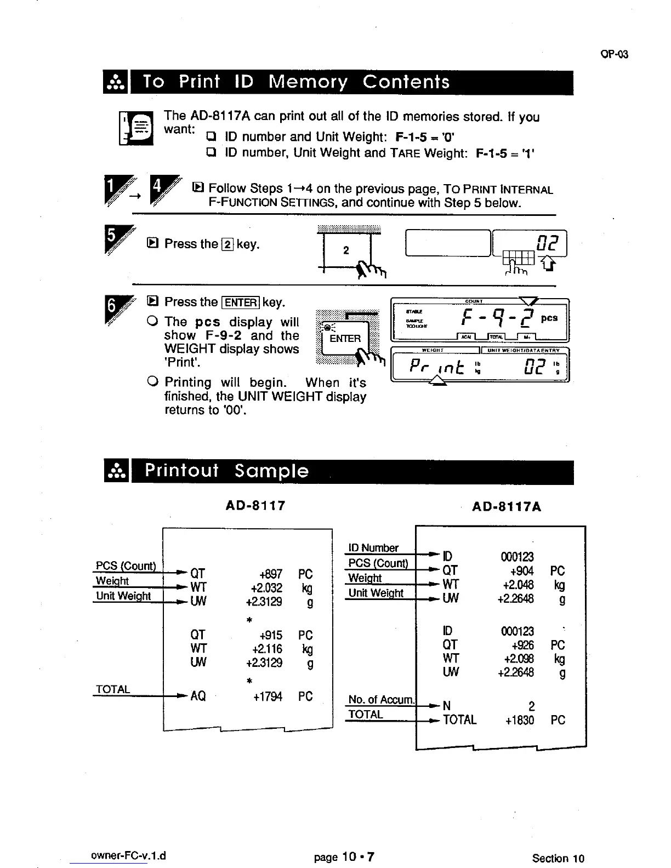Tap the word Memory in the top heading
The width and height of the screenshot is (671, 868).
pos(308,82)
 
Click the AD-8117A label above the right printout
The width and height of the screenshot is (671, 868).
pos(507,507)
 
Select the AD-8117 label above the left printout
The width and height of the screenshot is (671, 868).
pos(255,505)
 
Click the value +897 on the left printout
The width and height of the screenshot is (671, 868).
pos(271,574)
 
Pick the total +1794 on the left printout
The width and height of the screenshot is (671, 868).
pos(268,696)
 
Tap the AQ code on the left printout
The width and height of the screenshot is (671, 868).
pos(197,696)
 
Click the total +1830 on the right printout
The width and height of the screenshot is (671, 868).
pos(519,720)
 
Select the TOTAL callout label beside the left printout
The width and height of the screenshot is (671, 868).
pos(112,689)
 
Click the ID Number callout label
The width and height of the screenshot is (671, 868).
pos(373,548)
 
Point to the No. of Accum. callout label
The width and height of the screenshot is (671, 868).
pos(382,700)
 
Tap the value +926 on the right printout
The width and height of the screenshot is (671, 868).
pos(523,645)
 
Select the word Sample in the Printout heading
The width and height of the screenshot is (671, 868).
pos(271,471)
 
